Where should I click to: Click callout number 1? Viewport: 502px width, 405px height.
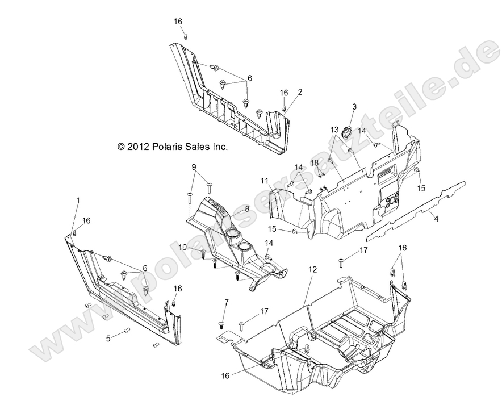78,200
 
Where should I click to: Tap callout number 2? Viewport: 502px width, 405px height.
300,91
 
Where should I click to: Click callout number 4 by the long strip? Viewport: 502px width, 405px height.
436,217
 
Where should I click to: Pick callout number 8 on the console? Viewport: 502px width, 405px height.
246,209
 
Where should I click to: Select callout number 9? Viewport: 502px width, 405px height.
194,167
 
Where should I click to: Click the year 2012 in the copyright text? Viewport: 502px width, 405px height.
139,147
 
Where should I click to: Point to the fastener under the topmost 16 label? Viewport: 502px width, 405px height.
186,36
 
